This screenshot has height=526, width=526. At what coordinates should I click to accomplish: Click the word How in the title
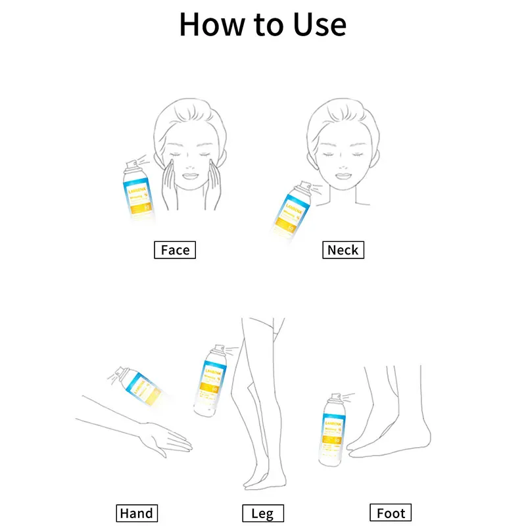210,24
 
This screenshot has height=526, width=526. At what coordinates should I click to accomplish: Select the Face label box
175,250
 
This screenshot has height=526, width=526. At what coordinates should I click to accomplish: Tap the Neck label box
343,250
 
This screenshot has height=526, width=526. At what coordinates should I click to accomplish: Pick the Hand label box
137,513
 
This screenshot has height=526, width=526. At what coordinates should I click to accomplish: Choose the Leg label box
263,513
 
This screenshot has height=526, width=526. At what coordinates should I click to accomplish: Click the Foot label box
391,513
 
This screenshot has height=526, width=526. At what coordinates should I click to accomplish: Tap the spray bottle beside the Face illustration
138,191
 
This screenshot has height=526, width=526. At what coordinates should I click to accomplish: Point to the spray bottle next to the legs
211,381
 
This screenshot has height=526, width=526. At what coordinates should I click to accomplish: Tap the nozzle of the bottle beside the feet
335,397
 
